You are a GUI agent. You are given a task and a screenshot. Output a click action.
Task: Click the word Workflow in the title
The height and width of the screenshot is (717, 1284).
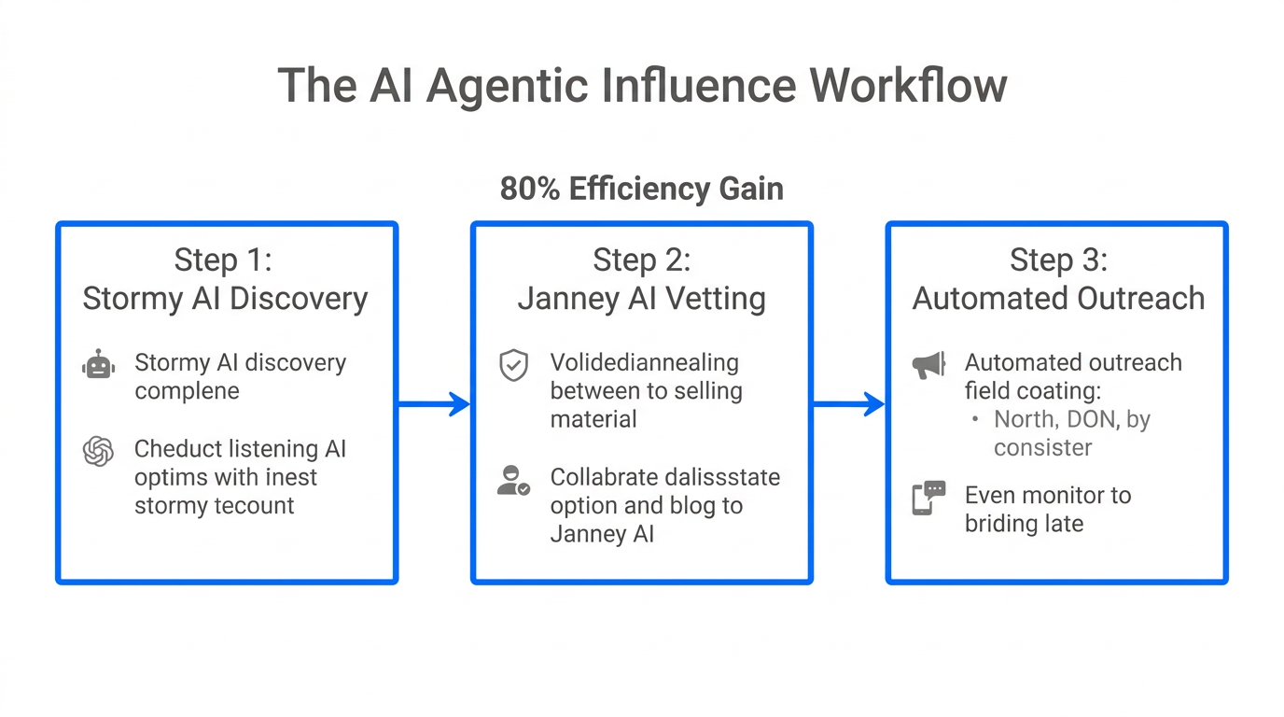(x=908, y=86)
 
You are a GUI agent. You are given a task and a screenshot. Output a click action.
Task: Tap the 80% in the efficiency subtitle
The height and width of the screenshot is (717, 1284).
(x=531, y=189)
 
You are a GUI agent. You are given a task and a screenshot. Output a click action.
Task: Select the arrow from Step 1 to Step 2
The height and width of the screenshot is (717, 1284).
(x=434, y=404)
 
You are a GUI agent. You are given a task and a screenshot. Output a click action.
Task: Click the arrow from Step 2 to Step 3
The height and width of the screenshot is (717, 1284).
(x=848, y=404)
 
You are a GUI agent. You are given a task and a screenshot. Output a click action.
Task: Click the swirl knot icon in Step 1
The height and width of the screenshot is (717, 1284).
(x=98, y=452)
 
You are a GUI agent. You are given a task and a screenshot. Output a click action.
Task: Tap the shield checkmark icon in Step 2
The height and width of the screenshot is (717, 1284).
(x=513, y=366)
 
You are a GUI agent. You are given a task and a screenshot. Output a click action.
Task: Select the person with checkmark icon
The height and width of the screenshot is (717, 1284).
(x=513, y=481)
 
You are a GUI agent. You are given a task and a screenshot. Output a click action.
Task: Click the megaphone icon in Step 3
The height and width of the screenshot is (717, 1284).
(x=928, y=366)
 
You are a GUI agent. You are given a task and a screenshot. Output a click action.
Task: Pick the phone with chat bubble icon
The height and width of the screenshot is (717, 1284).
(x=928, y=499)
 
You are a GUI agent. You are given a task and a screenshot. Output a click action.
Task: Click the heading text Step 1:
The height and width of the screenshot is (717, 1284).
(x=224, y=260)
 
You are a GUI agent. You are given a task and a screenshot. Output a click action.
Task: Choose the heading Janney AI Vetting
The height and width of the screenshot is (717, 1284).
(x=641, y=299)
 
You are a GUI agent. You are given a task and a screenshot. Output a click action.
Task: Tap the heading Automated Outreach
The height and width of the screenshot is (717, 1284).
(x=1058, y=299)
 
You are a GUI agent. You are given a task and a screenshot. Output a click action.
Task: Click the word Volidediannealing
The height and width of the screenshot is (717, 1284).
(x=644, y=362)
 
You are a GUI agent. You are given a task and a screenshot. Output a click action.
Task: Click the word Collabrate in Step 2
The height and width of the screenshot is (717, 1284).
(x=604, y=477)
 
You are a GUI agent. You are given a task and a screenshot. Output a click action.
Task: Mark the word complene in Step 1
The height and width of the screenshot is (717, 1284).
(x=187, y=391)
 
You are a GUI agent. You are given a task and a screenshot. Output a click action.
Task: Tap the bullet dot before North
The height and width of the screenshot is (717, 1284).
(x=976, y=419)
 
